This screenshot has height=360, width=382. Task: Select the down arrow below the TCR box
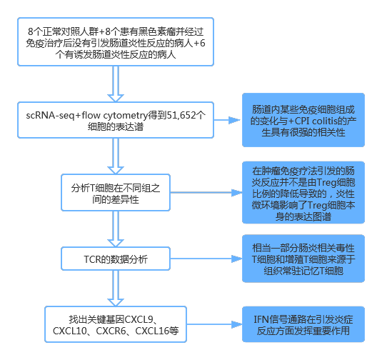(114, 289)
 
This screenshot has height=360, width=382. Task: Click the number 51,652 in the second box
(178, 115)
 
